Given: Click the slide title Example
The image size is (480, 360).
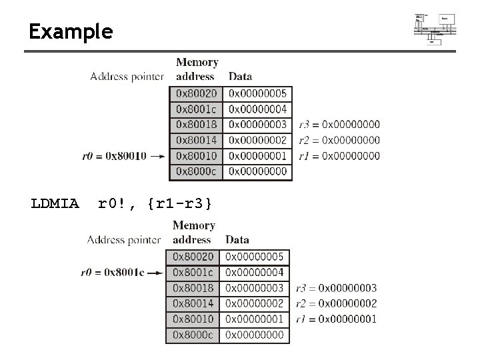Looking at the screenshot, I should pos(71,31).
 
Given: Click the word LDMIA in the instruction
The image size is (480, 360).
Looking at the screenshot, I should pos(55,203).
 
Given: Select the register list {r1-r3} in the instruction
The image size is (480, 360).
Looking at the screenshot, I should pos(180,203).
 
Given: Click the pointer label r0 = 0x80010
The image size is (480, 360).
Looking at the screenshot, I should pos(113,156).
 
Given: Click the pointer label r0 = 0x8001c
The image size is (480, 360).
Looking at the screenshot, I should pos(111,272).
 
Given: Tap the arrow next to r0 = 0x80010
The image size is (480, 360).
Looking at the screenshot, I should pos(158,156).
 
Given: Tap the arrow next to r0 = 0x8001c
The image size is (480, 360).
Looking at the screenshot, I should pos(155,272).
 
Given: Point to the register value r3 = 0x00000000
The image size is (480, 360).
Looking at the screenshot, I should pos(339,124).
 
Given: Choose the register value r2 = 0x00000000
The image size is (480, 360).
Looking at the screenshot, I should pos(339,140).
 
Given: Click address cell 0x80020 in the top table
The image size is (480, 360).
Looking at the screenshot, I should pos(195,93).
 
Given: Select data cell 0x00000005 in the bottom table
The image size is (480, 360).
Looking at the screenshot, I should pos(254,257).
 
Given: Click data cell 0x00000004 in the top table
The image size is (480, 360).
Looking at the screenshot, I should pos(257,109).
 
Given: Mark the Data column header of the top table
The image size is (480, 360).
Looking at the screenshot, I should pos(240,77).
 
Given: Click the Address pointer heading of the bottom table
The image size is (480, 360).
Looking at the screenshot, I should pos(124,239).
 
